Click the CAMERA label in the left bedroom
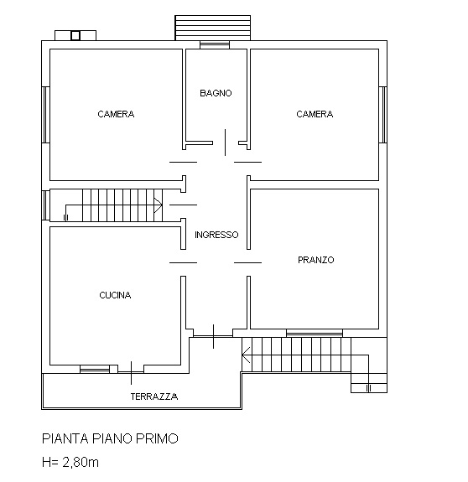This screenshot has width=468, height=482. (116, 115)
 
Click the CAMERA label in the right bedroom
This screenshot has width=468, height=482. (315, 115)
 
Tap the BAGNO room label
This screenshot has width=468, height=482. (216, 93)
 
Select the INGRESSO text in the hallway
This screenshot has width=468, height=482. (216, 236)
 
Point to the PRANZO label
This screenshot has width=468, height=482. (315, 260)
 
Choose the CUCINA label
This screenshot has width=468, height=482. (115, 295)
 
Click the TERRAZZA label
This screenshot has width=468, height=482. (153, 396)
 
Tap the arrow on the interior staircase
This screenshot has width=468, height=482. (157, 203)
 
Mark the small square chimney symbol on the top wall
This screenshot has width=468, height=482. (75, 35)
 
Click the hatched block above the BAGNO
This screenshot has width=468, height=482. (212, 27)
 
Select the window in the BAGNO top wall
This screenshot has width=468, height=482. (215, 44)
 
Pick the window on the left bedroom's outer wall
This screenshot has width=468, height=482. (44, 114)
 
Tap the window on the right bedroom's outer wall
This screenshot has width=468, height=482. (383, 114)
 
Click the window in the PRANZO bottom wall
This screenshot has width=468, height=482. (315, 334)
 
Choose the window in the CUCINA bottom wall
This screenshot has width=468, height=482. (95, 369)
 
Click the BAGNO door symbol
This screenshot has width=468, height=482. (225, 142)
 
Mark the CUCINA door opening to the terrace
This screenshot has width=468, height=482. (132, 368)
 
